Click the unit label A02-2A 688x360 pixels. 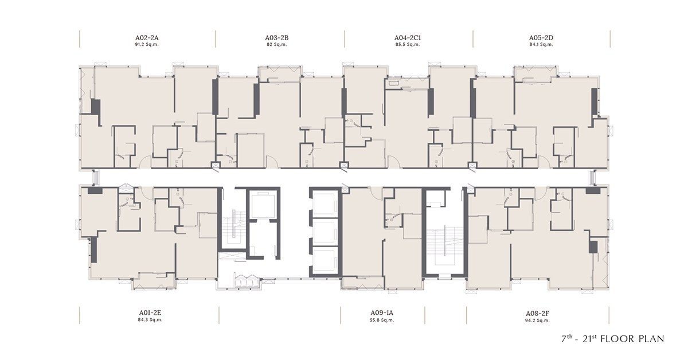click(147, 38)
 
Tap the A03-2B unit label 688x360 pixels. click(277, 38)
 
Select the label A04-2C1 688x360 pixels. click(408, 38)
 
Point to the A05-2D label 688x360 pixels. click(541, 38)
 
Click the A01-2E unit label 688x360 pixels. click(150, 312)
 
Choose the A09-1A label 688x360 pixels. click(382, 312)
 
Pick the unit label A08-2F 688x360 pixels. click(537, 314)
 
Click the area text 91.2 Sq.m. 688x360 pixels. click(147, 45)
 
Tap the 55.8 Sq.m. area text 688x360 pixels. click(382, 320)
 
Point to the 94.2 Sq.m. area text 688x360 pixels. click(537, 320)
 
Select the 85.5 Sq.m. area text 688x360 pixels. click(408, 45)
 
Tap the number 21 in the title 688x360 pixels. click(587, 339)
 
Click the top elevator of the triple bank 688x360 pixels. click(324, 204)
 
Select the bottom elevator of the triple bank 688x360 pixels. click(324, 260)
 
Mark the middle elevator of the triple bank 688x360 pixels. click(324, 232)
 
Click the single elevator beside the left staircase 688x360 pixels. click(263, 205)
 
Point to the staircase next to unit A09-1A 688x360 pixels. click(444, 245)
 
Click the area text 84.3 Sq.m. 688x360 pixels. click(150, 320)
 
